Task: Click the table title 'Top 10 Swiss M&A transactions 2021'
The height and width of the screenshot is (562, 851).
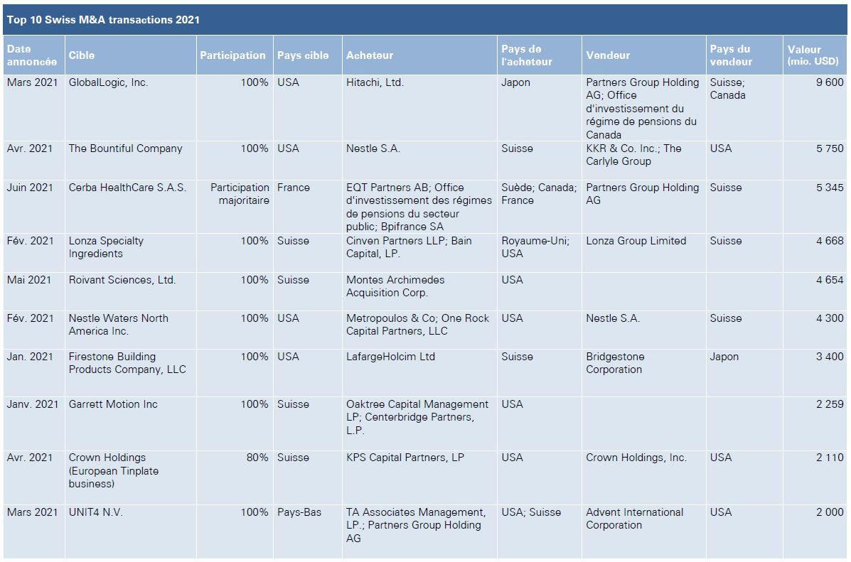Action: click(103, 20)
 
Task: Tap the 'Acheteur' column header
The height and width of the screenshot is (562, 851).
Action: click(370, 55)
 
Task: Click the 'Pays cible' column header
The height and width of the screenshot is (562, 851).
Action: click(303, 55)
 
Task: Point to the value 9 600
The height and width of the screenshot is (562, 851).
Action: click(830, 82)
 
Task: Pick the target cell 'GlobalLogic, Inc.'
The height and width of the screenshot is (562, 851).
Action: click(108, 82)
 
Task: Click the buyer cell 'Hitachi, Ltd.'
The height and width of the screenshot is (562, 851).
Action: click(375, 82)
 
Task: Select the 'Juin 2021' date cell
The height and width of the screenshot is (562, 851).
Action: click(30, 188)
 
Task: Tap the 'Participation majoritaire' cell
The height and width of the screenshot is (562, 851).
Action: click(240, 194)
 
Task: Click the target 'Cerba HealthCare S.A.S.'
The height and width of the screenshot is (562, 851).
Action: click(127, 188)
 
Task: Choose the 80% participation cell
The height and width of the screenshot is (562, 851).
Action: click(257, 458)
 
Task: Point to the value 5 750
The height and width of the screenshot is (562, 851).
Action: click(830, 148)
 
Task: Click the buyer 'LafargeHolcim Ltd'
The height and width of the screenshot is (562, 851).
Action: click(390, 357)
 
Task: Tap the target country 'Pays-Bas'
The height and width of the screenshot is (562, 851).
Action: click(299, 512)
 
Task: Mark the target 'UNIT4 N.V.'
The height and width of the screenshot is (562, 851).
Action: click(95, 512)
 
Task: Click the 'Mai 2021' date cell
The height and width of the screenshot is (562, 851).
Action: click(29, 280)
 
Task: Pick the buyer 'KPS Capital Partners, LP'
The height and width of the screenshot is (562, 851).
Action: click(405, 458)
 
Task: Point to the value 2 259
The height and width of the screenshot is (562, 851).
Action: click(830, 404)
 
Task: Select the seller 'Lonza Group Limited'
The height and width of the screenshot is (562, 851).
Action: click(636, 241)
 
